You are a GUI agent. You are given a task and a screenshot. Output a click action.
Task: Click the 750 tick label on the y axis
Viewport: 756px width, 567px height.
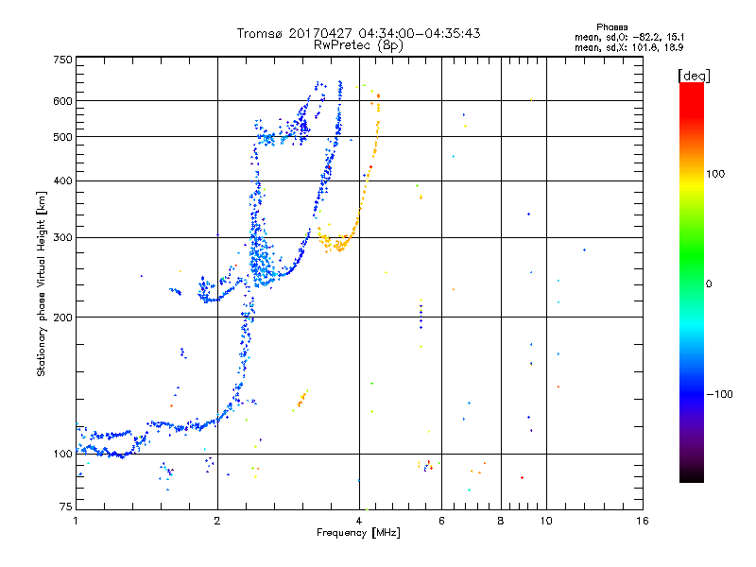pyautogui.click(x=62, y=60)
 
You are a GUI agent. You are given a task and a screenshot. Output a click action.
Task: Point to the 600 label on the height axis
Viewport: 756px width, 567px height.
pyautogui.click(x=62, y=101)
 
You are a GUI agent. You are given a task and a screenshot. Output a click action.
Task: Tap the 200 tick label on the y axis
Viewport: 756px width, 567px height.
pyautogui.click(x=62, y=318)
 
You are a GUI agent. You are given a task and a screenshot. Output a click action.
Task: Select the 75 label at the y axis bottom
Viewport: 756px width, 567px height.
pyautogui.click(x=66, y=507)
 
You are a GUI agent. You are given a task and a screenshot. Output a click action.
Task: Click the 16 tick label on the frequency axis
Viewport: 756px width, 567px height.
pyautogui.click(x=643, y=521)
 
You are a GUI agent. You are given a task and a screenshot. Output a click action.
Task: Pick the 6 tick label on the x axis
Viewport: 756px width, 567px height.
pyautogui.click(x=441, y=521)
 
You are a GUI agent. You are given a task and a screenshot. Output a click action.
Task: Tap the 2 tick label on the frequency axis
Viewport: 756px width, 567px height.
pyautogui.click(x=217, y=521)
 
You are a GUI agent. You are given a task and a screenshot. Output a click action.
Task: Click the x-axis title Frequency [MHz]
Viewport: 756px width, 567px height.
pyautogui.click(x=358, y=533)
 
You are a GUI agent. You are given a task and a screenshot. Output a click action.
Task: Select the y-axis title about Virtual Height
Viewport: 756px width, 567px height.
pyautogui.click(x=42, y=283)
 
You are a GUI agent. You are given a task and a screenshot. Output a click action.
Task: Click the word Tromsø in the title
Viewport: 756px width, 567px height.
pyautogui.click(x=261, y=33)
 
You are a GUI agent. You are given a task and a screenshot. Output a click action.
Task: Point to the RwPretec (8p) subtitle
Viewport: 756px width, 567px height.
pyautogui.click(x=358, y=45)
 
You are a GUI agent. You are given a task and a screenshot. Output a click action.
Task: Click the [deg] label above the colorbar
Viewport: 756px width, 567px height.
pyautogui.click(x=694, y=76)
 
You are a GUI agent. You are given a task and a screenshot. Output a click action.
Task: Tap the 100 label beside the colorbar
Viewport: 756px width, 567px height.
pyautogui.click(x=715, y=174)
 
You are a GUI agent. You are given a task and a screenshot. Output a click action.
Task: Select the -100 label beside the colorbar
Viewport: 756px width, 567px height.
pyautogui.click(x=719, y=394)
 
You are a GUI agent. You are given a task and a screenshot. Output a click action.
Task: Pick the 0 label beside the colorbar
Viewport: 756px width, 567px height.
pyautogui.click(x=709, y=283)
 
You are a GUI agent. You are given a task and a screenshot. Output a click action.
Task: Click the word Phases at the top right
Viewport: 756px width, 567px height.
pyautogui.click(x=611, y=27)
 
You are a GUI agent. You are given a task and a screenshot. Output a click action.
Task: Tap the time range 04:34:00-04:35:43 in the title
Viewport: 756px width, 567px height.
pyautogui.click(x=420, y=33)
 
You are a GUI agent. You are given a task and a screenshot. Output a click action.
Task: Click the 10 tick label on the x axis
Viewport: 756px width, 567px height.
pyautogui.click(x=546, y=521)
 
